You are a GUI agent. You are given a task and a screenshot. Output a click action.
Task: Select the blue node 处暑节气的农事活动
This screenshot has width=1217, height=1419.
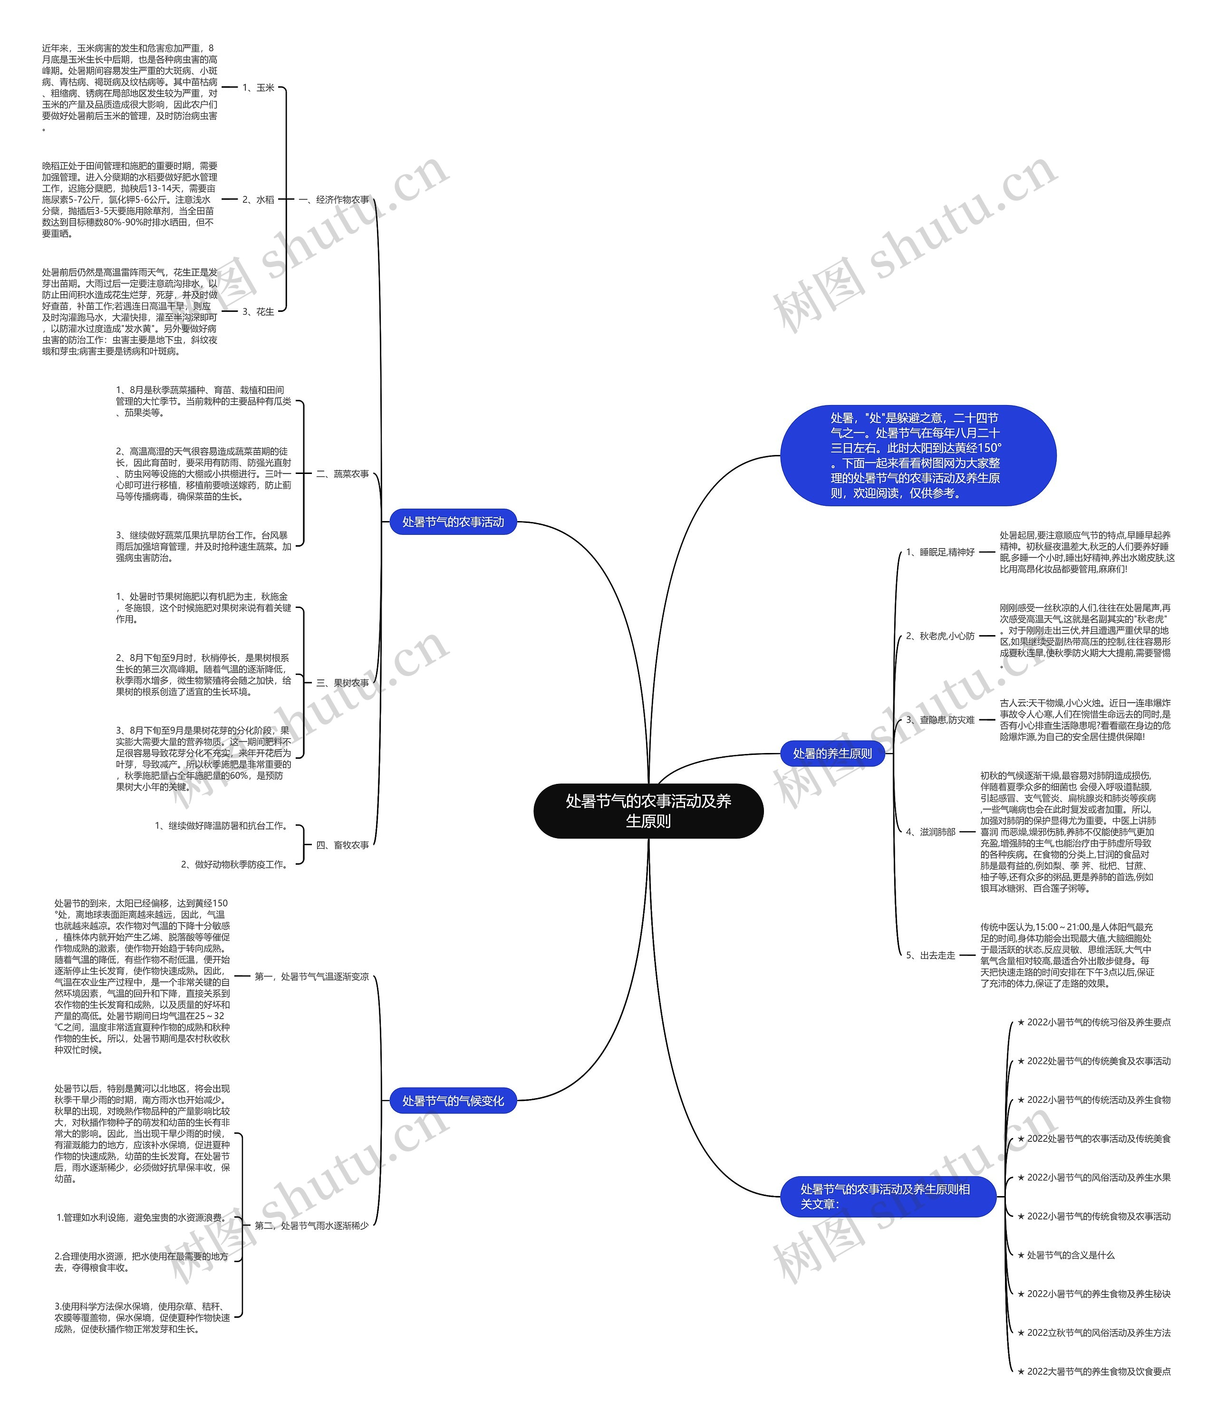(453, 522)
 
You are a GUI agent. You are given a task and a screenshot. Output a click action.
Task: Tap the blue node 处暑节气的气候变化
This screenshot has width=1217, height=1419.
(453, 1100)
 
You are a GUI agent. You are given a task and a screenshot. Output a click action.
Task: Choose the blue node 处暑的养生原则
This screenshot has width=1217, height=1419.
(832, 753)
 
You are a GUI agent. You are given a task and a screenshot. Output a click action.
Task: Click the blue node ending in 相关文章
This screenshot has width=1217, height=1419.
(887, 1197)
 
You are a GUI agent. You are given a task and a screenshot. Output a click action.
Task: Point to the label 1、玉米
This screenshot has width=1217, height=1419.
(258, 87)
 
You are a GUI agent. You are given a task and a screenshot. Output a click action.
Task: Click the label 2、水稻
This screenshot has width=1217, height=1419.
(258, 199)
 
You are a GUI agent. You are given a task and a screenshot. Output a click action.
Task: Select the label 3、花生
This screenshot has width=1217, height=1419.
(258, 311)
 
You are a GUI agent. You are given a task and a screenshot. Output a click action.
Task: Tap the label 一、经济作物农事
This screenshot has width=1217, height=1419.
(334, 199)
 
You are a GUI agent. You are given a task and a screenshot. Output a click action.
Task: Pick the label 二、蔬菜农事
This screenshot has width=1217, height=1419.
(342, 473)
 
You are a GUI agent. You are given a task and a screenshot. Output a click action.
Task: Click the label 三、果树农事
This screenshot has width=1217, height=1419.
(342, 683)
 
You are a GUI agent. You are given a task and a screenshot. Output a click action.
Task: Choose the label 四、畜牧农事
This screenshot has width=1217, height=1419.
(342, 845)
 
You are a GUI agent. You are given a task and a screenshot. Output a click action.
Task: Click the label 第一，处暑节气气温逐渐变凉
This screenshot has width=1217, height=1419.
(311, 976)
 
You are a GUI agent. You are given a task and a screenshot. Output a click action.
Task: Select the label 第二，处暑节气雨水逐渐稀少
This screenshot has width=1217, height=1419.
(311, 1225)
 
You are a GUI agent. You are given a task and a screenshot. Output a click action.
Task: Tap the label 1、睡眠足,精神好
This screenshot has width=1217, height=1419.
(940, 552)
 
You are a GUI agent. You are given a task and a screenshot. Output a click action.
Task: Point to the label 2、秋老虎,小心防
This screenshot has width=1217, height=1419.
(940, 636)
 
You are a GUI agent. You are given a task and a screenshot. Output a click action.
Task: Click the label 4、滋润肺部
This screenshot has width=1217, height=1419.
(930, 832)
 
